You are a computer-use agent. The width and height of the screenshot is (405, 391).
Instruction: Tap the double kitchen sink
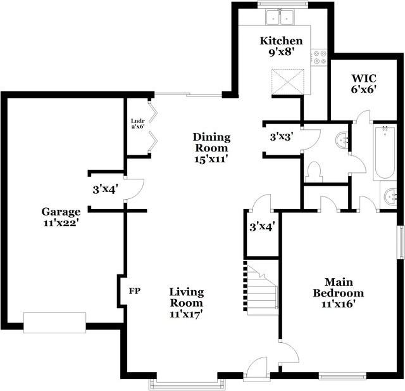tap(280, 17)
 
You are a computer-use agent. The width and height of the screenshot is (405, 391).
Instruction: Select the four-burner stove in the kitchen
tap(320, 57)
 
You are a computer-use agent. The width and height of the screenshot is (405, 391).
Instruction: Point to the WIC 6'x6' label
tap(364, 84)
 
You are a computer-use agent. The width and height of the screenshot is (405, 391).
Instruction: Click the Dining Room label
tap(211, 148)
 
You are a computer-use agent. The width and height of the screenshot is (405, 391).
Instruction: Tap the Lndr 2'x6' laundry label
tap(138, 124)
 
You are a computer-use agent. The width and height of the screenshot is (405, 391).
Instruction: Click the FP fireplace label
tap(135, 291)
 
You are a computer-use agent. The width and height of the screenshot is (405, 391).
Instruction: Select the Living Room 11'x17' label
tap(187, 303)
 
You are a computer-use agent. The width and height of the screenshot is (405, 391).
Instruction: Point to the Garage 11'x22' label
tap(61, 217)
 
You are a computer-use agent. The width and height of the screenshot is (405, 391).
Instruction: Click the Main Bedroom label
tap(339, 293)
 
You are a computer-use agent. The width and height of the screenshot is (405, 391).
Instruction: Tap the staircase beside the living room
tap(261, 288)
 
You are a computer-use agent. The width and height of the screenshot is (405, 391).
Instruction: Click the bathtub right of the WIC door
tap(385, 152)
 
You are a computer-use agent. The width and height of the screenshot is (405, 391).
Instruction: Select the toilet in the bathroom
tap(314, 172)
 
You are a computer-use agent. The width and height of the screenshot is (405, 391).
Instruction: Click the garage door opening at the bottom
tap(55, 323)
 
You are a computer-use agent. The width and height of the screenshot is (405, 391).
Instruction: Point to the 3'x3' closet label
tap(282, 136)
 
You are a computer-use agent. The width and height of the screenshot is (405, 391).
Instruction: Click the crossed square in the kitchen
tap(288, 82)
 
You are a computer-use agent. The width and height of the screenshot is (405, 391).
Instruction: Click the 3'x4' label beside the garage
tap(106, 190)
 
